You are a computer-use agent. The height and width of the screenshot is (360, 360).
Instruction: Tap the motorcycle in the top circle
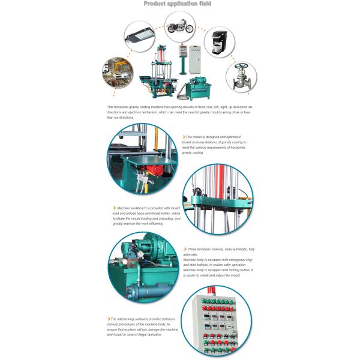tap(180, 26)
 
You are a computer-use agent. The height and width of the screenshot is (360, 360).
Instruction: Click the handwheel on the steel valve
tap(241, 67)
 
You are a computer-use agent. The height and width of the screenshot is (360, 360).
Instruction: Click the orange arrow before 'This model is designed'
tap(183, 137)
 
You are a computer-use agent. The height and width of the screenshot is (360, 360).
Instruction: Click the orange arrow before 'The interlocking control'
tap(108, 319)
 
